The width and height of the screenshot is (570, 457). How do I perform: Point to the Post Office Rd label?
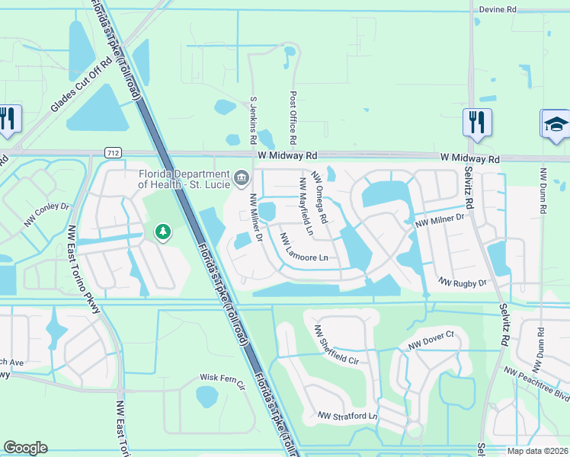point(292,118)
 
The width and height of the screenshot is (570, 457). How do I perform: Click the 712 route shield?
point(114,153)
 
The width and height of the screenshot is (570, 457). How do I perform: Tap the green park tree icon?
point(162,232)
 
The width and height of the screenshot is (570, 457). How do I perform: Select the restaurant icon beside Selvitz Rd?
point(476,123)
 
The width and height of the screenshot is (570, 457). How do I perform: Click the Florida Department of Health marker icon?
point(242,178)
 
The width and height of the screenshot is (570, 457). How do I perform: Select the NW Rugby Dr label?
point(463,283)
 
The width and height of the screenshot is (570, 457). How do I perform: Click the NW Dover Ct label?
point(431,340)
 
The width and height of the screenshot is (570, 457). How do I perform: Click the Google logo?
point(25,448)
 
